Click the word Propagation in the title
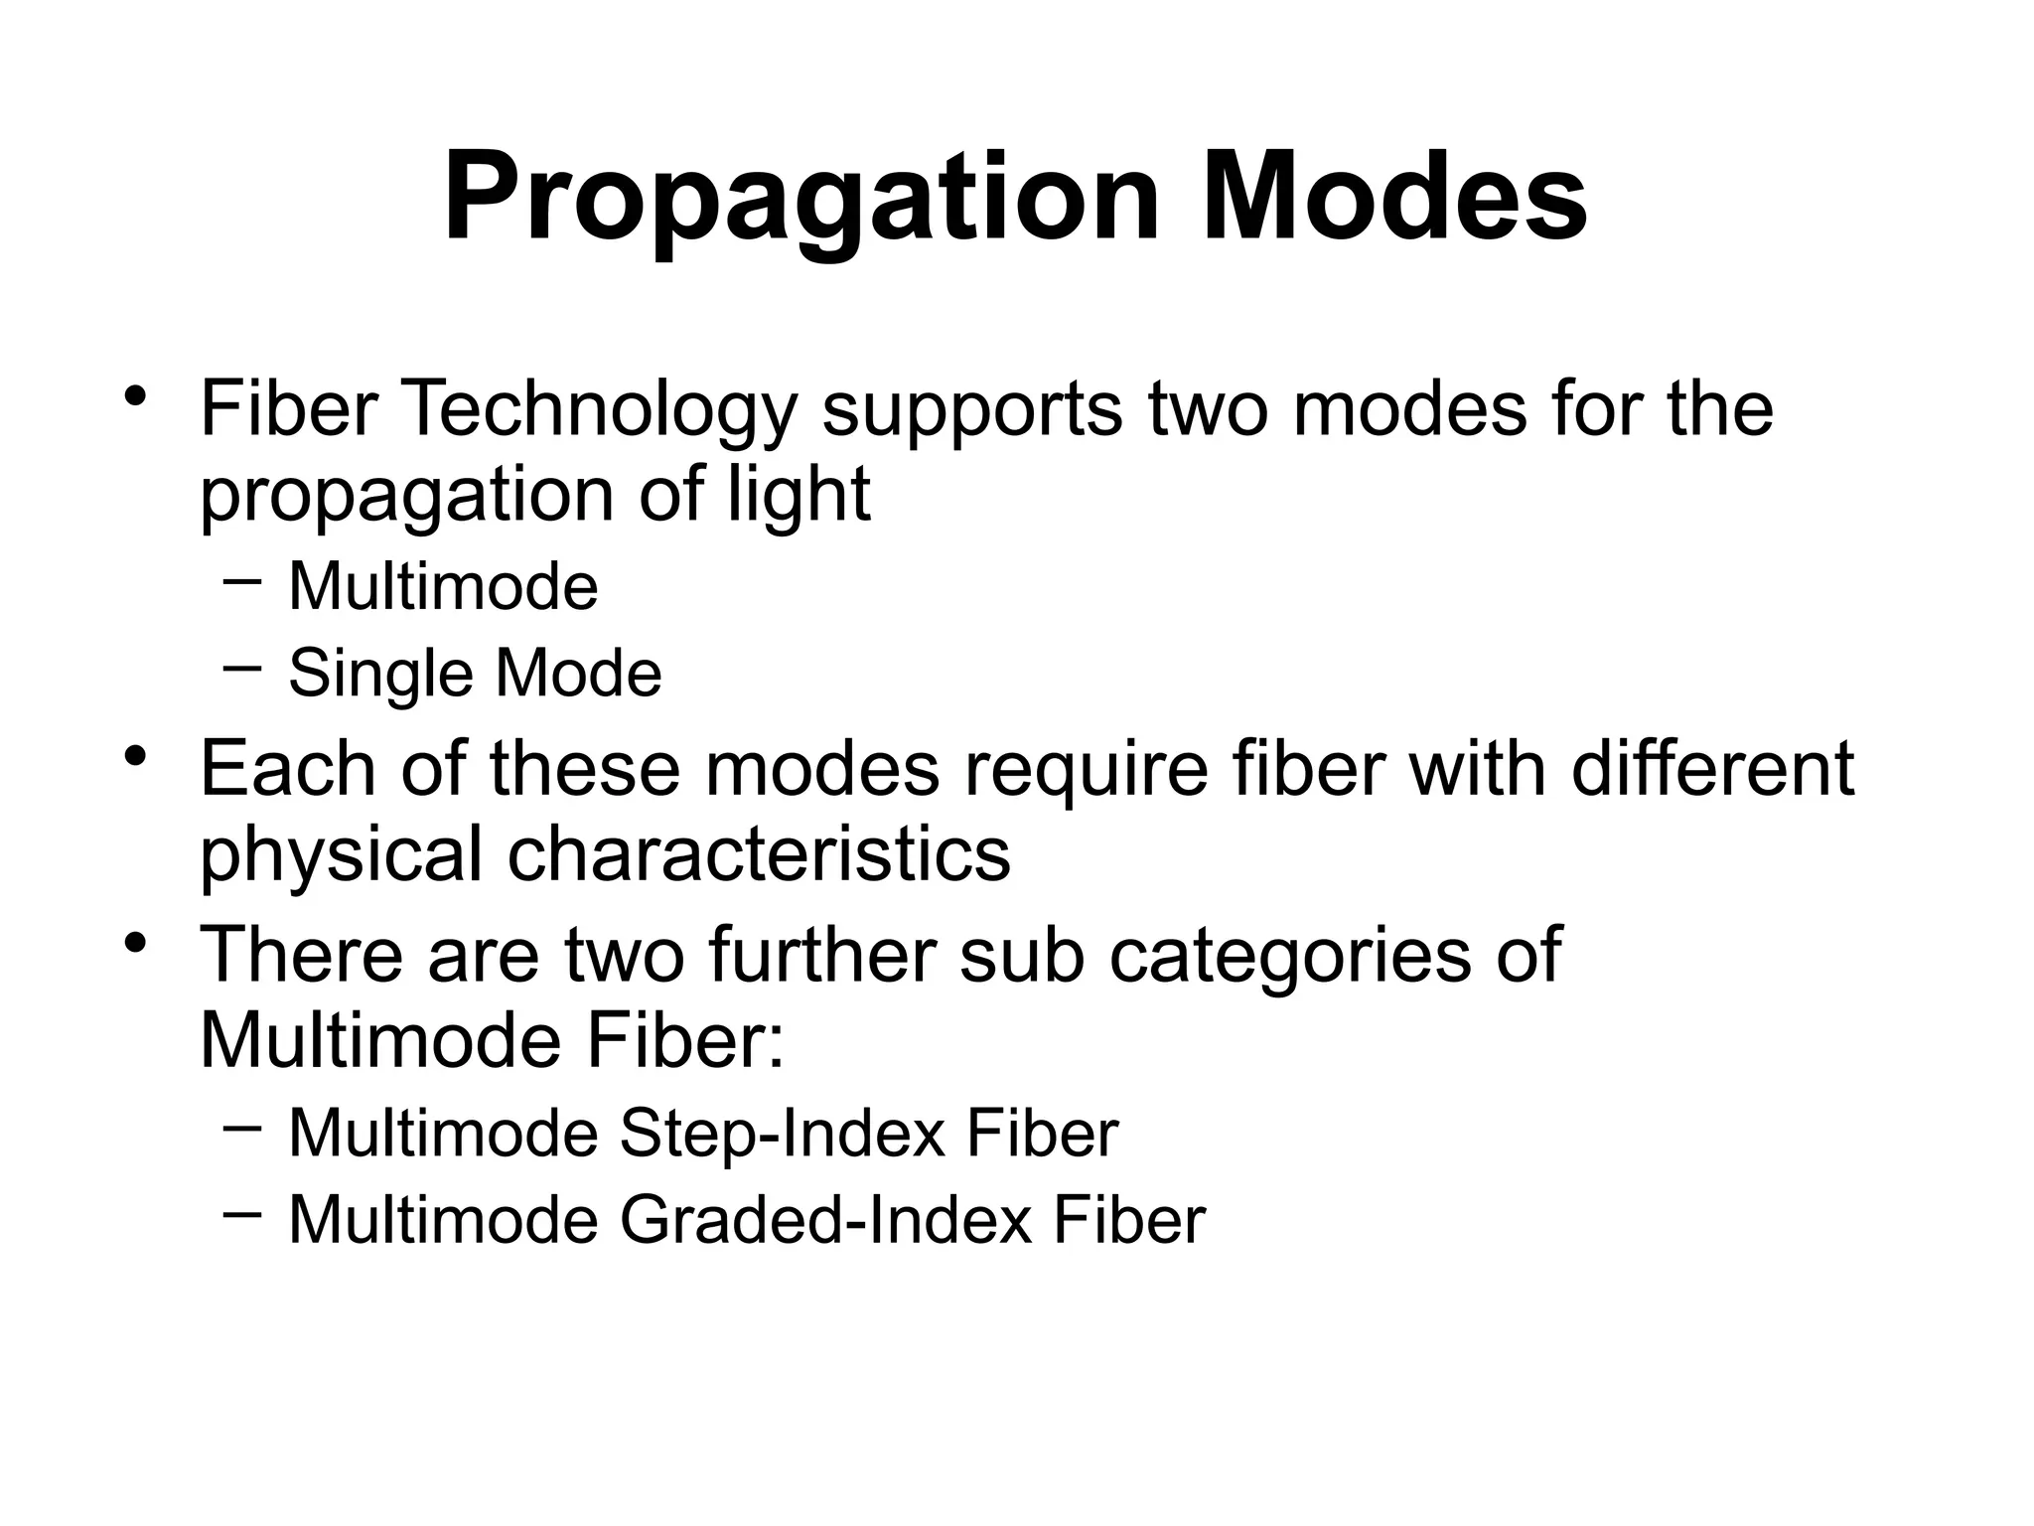tap(800, 199)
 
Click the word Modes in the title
tap(1394, 199)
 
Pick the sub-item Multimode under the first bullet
tap(443, 586)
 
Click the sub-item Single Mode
tap(475, 674)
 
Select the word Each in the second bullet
tap(289, 769)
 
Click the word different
tap(1712, 769)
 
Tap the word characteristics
tap(759, 854)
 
